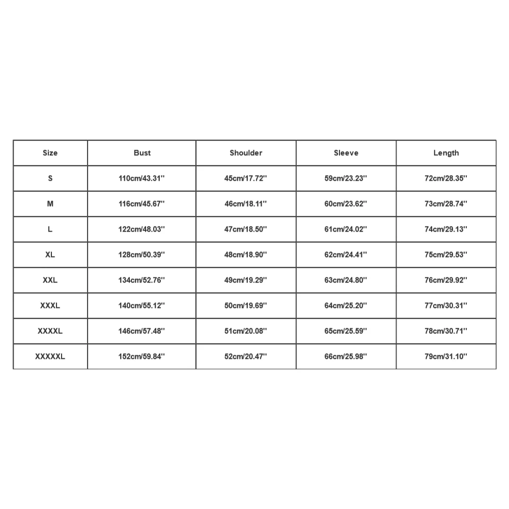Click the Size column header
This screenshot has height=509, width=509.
coord(50,153)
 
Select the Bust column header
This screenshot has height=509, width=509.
coord(142,153)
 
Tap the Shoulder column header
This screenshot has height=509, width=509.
coord(246,153)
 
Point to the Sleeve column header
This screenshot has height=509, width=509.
coord(346,153)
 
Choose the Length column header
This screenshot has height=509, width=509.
coord(446,153)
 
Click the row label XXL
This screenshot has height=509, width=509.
coord(50,280)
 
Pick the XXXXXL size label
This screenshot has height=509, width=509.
coord(50,356)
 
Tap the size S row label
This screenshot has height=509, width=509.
coord(50,178)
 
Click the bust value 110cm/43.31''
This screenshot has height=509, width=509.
coord(142,178)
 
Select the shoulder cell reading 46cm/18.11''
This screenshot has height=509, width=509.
coord(246,204)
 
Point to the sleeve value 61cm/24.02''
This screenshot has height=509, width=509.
coord(346,229)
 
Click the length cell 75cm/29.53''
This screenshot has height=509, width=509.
coord(446,254)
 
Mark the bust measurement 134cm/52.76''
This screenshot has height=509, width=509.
coord(142,280)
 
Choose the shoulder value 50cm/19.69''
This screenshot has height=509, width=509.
coord(246,305)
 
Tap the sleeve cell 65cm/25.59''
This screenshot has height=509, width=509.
coord(346,331)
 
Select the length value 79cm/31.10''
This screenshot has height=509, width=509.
coord(446,356)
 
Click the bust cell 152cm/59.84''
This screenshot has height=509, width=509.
coord(142,356)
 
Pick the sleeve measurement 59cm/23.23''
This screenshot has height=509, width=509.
coord(346,178)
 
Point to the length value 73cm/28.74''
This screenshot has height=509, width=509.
coord(446,204)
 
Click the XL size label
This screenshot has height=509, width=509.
coord(50,254)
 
